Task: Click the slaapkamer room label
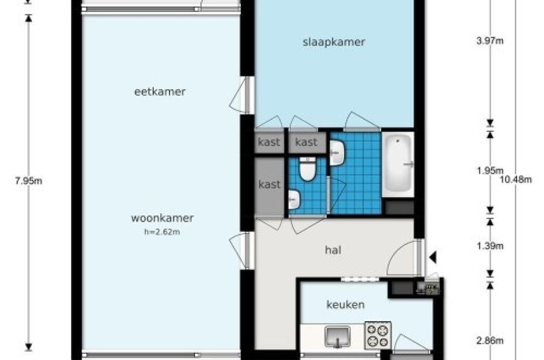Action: [x=334, y=41]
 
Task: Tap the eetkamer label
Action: [x=159, y=92]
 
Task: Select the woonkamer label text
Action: [x=162, y=218]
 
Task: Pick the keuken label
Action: [x=345, y=305]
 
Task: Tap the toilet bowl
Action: [x=308, y=170]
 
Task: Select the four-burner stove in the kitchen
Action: [x=378, y=335]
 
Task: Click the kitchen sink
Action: [x=338, y=336]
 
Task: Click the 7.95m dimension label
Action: [x=29, y=180]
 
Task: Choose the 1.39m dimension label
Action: [x=490, y=246]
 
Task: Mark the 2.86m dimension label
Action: [x=490, y=340]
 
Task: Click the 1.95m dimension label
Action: [x=490, y=170]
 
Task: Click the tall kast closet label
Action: [x=269, y=185]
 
